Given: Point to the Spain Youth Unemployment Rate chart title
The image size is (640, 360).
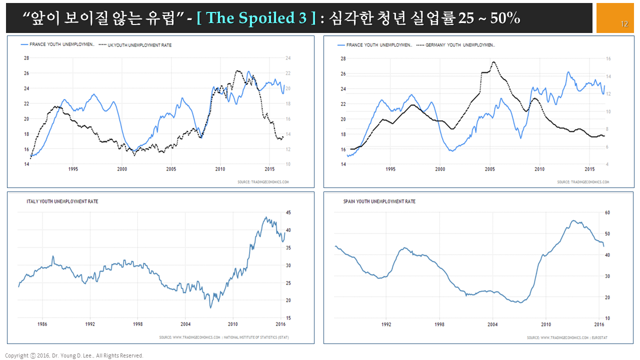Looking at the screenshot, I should (379, 201).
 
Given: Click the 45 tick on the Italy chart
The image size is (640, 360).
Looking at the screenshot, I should (288, 212).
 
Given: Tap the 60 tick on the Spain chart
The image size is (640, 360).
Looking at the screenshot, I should (607, 212).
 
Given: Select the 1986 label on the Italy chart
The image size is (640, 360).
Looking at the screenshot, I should (42, 324).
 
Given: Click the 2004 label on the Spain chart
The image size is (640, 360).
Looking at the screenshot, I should (492, 324).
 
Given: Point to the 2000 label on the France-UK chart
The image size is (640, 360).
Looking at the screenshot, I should (122, 169).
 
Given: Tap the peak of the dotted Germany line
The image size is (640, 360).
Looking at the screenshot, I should (493, 62).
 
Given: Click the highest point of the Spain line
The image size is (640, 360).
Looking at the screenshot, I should (573, 221).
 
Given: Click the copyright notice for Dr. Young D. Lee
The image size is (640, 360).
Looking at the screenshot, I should (74, 355).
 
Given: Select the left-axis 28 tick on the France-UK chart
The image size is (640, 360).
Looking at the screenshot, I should (26, 58).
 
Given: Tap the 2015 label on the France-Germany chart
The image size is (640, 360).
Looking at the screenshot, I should (589, 169).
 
